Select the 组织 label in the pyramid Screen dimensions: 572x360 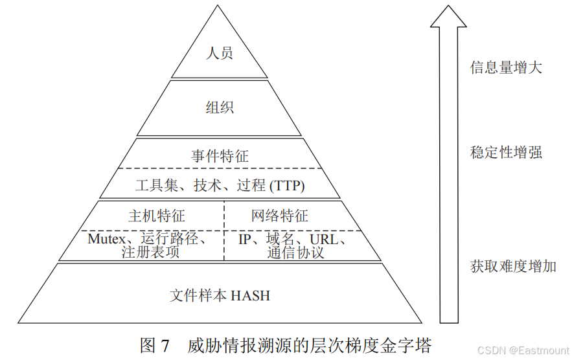coord(220,107)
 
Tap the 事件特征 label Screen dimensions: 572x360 coord(220,156)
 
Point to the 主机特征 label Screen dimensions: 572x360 coord(156,216)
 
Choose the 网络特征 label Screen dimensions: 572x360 coord(279,216)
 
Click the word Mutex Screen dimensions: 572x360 coord(108,239)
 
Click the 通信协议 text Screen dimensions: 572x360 coord(295,253)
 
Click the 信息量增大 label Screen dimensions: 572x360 coord(505,67)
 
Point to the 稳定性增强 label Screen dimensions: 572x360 coord(505,153)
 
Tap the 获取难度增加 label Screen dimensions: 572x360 coord(512,266)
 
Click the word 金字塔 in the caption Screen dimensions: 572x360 coord(409,344)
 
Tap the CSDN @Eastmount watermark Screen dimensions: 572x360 coord(521,350)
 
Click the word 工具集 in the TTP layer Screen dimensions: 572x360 coord(156,186)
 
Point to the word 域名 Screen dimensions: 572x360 coord(280,239)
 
